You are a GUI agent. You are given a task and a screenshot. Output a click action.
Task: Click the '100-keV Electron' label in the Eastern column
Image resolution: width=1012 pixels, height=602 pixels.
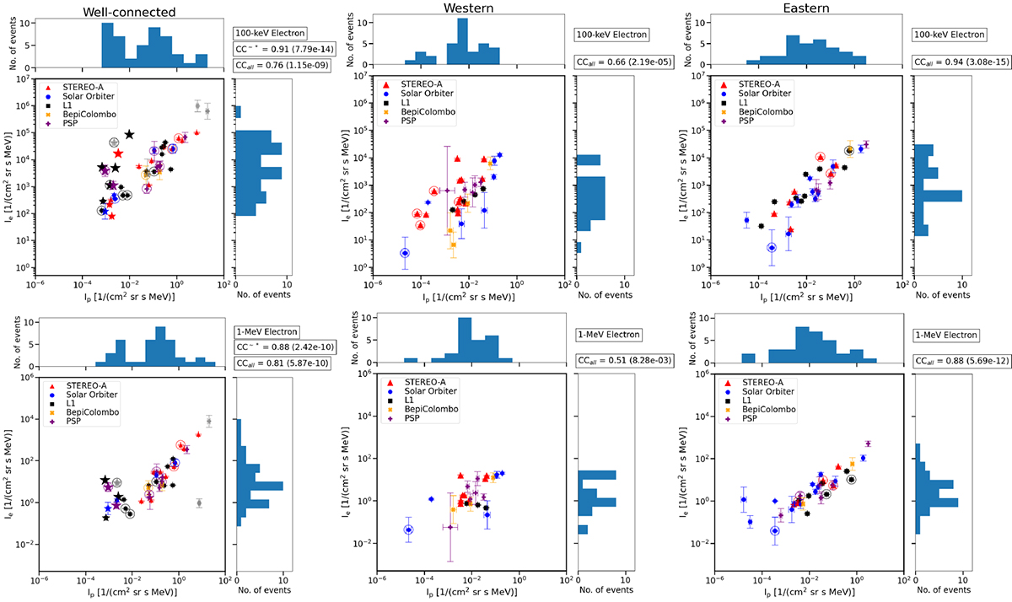945,35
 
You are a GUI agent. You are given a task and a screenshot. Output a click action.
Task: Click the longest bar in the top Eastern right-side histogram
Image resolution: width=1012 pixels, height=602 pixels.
939,196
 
